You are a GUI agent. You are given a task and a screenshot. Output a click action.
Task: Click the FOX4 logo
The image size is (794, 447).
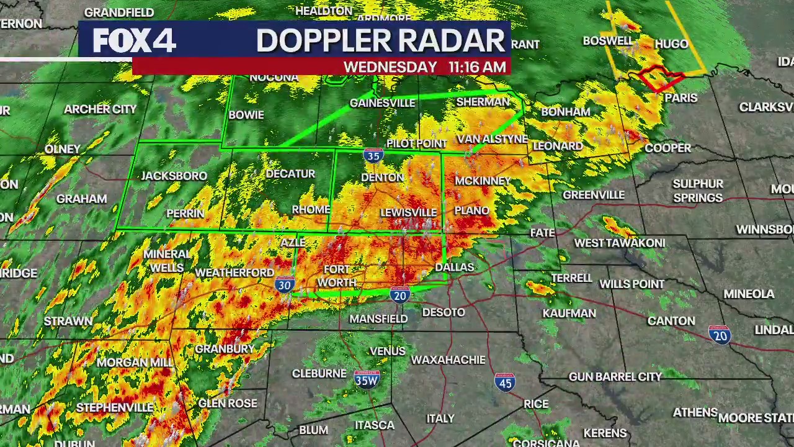(x=135, y=41)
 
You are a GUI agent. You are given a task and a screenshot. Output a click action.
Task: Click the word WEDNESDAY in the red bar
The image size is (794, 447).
(x=390, y=67)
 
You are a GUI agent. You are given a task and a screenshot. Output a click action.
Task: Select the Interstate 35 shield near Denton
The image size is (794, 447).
(x=373, y=155)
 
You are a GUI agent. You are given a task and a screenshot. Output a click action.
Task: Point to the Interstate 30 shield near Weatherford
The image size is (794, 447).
(x=285, y=284)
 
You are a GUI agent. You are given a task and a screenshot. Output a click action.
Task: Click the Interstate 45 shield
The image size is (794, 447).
(x=505, y=382)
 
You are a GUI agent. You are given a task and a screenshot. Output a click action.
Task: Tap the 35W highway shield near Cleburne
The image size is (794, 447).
(x=367, y=379)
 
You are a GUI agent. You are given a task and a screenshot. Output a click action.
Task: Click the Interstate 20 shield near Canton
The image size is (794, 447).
(x=720, y=335)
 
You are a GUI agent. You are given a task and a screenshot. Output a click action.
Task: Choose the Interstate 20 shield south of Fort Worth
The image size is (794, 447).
(x=400, y=294)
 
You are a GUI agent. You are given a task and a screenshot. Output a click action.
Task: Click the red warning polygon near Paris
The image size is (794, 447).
(x=661, y=78)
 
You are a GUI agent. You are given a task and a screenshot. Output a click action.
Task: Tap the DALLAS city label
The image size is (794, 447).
(x=454, y=268)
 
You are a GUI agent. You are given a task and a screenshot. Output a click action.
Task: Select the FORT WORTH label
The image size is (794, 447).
(x=337, y=276)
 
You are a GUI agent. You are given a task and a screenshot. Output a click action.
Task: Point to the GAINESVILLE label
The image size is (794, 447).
(x=382, y=103)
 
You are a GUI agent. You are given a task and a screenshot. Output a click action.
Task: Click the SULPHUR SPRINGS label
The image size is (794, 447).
(x=698, y=191)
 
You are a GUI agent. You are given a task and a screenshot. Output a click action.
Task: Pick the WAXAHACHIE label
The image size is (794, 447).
(x=448, y=360)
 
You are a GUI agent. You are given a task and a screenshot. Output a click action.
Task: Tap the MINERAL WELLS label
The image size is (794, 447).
(x=167, y=261)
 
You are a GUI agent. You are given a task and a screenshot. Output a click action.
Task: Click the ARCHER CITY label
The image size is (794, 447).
(x=100, y=109)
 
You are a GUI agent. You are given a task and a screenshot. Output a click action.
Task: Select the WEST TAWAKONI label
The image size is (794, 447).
(x=619, y=243)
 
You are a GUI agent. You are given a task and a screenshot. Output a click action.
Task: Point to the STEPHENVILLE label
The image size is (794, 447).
(x=115, y=408)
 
